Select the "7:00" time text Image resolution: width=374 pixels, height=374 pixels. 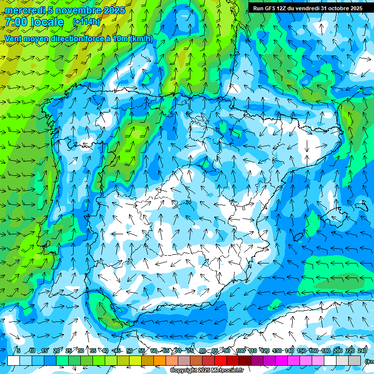[x=15, y=22]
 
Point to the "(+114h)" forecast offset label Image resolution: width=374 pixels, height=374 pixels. [x=87, y=22]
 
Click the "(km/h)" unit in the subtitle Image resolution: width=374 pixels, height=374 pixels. [x=141, y=38]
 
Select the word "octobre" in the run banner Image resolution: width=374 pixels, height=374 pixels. [x=336, y=8]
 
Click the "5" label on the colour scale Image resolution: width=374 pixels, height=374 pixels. [x=18, y=351]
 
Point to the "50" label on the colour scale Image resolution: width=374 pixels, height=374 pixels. [x=129, y=351]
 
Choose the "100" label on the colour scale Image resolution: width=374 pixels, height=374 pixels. [x=240, y=351]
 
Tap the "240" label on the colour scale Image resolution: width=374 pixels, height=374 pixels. [x=362, y=351]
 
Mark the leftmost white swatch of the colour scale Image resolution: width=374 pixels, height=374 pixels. [x=14, y=360]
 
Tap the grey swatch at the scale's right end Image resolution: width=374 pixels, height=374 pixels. [x=355, y=360]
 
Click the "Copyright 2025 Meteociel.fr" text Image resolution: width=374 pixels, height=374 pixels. [x=206, y=371]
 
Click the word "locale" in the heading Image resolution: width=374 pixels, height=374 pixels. [x=46, y=22]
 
